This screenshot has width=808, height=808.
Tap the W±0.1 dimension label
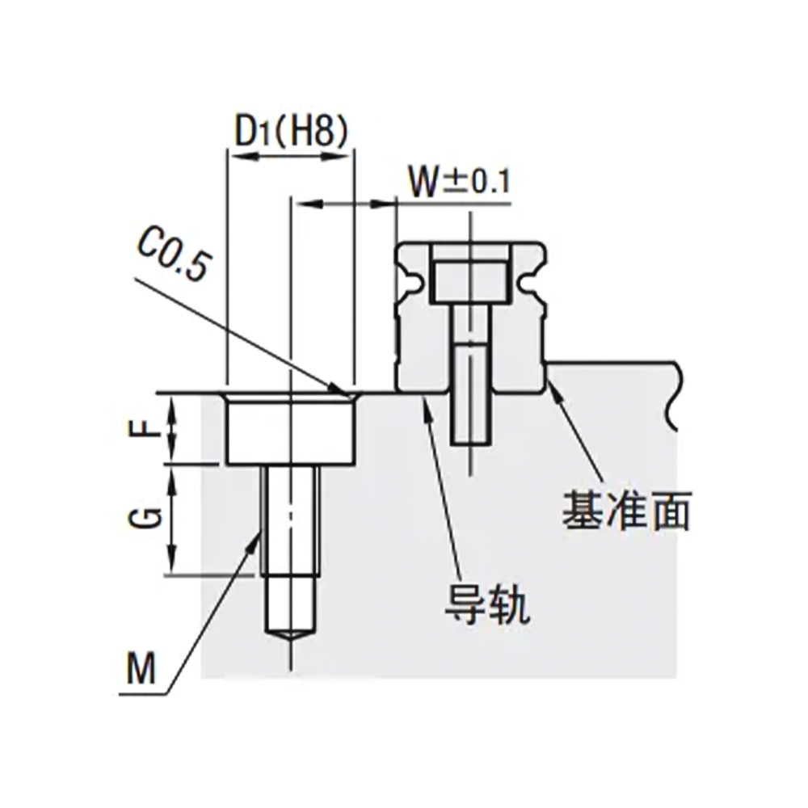coord(458,183)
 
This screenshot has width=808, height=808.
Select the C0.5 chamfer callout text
coord(171,254)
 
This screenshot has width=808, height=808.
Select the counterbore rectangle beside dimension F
coord(290,432)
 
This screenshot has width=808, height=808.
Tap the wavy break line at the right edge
coord(675,396)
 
